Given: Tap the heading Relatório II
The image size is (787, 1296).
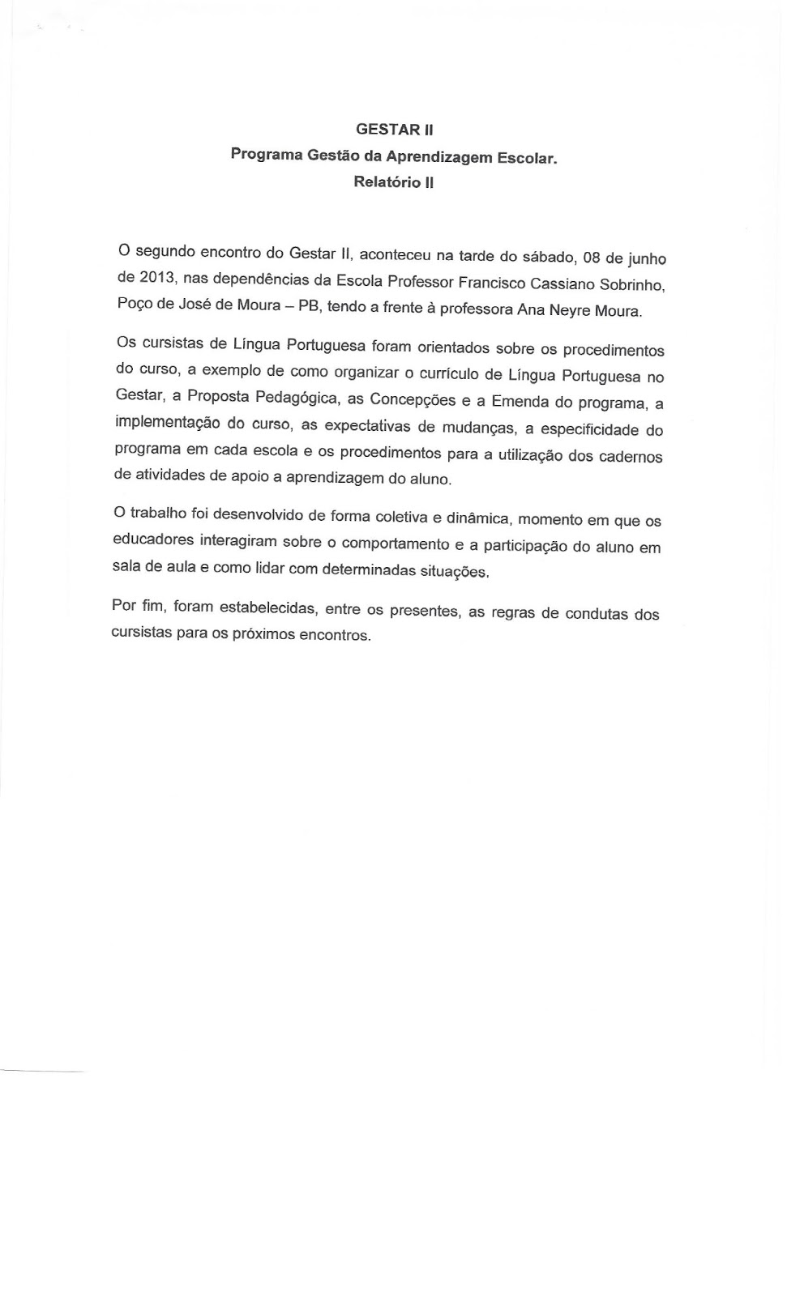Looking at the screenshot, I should [x=393, y=182].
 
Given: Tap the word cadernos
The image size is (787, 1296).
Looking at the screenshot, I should [x=631, y=456].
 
